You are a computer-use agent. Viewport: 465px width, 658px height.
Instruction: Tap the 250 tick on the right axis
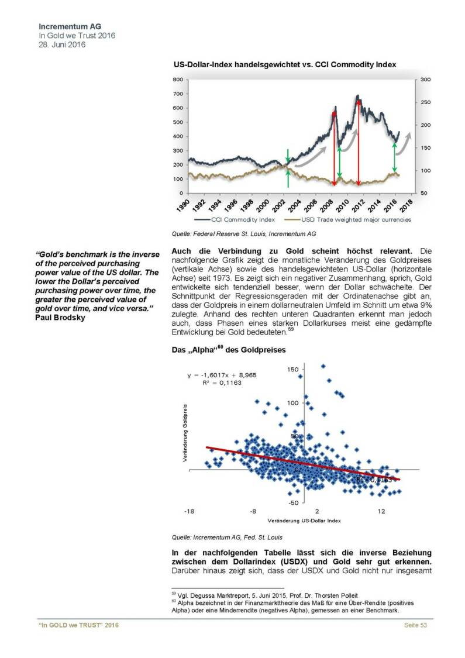coord(425,102)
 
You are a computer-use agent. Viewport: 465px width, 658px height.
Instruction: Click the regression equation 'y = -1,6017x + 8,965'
coord(222,375)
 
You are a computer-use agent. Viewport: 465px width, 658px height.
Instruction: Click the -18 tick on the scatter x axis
coord(188,511)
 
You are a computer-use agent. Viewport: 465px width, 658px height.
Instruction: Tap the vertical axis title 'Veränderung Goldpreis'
coord(185,433)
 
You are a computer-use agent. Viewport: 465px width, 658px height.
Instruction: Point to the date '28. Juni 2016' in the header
coord(61,44)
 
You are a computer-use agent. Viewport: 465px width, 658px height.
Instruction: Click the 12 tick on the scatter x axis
coord(381,511)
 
